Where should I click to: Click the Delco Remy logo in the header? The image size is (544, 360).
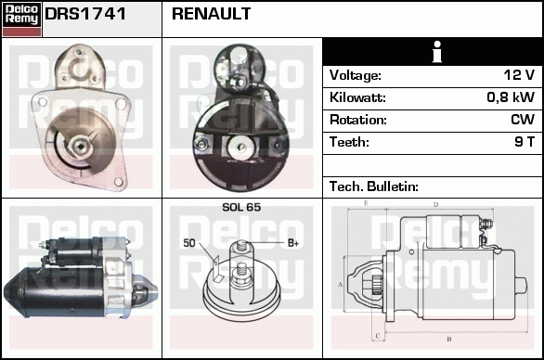pos(21,19)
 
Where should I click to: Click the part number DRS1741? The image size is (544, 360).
pos(85,14)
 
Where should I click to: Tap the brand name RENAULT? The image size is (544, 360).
pos(211,14)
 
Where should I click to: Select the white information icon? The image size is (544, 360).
pos(437,52)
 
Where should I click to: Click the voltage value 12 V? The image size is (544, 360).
pos(519,75)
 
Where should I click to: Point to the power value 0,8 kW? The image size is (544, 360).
pos(511,97)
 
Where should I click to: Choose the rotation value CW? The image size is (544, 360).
pos(523,120)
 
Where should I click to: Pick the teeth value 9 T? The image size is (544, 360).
pos(525,142)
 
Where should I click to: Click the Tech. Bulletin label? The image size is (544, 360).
pos(374,186)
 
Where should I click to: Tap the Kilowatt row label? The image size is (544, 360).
pos(357,97)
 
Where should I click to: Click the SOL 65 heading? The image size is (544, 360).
pos(241,207)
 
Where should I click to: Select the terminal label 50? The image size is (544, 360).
pos(189,243)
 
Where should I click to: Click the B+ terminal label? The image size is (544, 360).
pos(293,243)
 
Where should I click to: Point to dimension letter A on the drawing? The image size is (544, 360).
pos(340,285)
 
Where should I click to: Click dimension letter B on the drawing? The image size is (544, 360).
pos(449,340)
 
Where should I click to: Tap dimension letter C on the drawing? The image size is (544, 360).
pos(378,336)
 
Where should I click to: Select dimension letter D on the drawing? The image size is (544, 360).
pos(435,205)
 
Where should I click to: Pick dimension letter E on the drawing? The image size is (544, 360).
pos(366,203)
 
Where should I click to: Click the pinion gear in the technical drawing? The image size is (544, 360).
pos(376,285)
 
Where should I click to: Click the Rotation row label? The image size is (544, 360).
pos(358,120)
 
